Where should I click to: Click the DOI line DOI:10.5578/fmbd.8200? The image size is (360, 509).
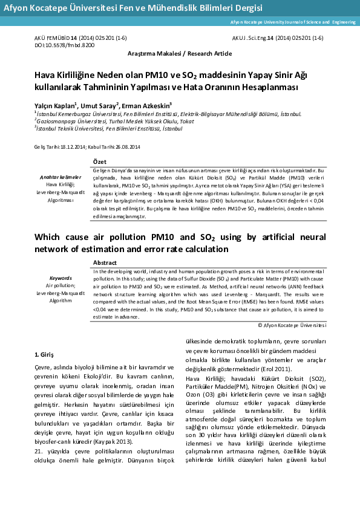tap(64, 45)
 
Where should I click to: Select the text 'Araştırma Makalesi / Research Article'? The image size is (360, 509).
tap(180, 54)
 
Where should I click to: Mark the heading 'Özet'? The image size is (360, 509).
tap(100, 161)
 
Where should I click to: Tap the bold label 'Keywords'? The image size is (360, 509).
tap(61, 278)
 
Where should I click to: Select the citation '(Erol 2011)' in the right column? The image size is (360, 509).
tap(276, 368)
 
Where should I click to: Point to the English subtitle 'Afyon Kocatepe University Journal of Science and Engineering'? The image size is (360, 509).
tap(293, 22)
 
